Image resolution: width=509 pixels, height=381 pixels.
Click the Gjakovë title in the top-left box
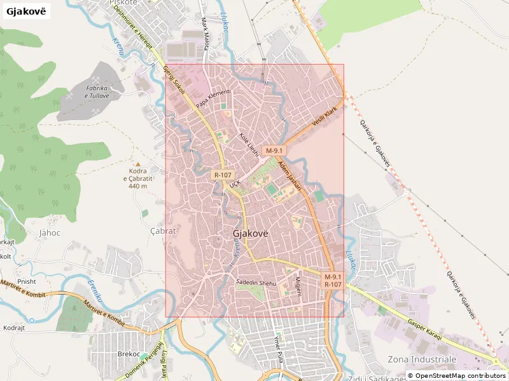click(26, 12)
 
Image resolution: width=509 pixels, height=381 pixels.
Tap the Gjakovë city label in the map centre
click(251, 233)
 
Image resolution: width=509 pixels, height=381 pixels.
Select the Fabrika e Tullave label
click(97, 91)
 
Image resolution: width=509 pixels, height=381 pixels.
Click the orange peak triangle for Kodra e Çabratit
click(138, 164)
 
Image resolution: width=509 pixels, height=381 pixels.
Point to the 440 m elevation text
click(138, 186)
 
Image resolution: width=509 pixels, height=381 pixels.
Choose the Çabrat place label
click(162, 231)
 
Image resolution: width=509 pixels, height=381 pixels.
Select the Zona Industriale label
click(422, 359)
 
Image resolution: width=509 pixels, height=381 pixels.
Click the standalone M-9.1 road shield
click(275, 150)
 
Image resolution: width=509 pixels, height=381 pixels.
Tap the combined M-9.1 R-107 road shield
click(333, 281)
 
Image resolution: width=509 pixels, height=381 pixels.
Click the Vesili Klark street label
click(324, 116)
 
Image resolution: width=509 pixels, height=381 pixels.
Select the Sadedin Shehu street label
click(254, 281)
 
